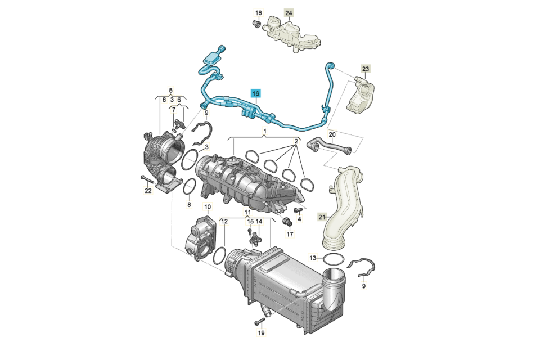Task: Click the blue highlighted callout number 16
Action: tap(255, 93)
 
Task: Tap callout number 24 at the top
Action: tap(289, 13)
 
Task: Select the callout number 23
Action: tap(366, 69)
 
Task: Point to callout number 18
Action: tap(258, 13)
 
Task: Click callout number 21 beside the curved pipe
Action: tap(322, 217)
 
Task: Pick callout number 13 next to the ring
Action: tap(313, 258)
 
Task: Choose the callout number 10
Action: tap(208, 207)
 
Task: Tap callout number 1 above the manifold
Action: tap(265, 131)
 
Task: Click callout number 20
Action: tap(332, 134)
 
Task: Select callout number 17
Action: tap(290, 234)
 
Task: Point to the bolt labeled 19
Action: tap(259, 322)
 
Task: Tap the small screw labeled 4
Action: tap(298, 209)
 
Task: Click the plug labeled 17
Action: tap(287, 222)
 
